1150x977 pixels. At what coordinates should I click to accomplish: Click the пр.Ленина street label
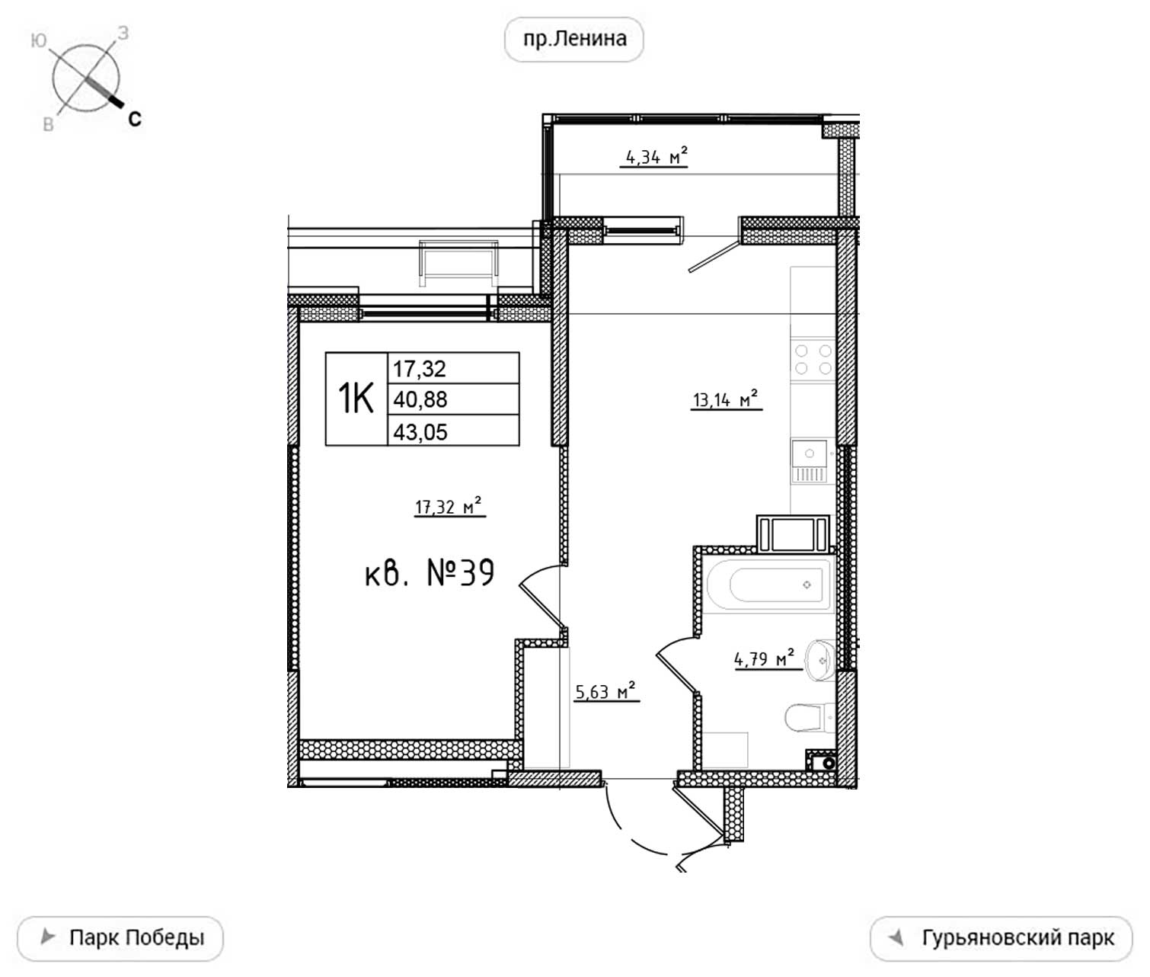tap(574, 39)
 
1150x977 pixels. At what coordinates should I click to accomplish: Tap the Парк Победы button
tap(120, 938)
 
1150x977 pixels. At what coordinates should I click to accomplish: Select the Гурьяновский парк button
tap(1001, 938)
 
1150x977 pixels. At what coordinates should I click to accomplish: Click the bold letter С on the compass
tap(135, 119)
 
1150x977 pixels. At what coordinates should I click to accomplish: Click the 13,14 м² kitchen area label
tap(726, 399)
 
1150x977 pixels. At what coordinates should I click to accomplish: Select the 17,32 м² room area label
tap(449, 507)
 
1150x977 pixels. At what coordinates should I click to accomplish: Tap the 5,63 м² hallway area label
tap(605, 691)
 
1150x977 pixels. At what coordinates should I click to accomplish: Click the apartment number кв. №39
tap(430, 573)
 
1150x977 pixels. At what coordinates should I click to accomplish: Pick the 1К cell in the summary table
tap(356, 399)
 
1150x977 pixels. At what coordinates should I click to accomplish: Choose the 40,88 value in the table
tap(420, 399)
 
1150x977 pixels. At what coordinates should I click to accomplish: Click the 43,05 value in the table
tap(420, 432)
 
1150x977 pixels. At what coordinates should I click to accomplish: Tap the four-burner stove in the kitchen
tap(813, 360)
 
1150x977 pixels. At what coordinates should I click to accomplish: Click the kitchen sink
tap(810, 462)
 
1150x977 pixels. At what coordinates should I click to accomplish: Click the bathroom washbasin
tap(820, 660)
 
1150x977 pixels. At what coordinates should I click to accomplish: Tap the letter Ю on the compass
tap(38, 40)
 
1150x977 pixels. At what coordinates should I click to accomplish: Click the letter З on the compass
tap(123, 34)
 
